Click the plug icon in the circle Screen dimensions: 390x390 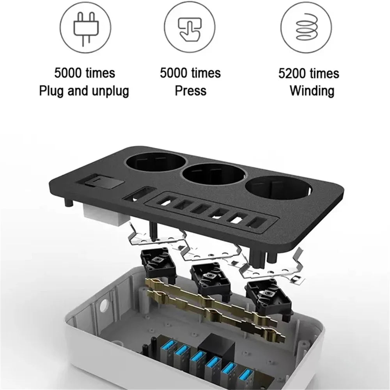(86, 29)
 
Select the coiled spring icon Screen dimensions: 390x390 (307, 27)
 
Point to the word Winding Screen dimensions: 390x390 (312, 90)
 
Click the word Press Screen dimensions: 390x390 (191, 90)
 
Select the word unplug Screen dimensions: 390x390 (110, 91)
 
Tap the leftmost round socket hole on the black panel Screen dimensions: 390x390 (156, 164)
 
